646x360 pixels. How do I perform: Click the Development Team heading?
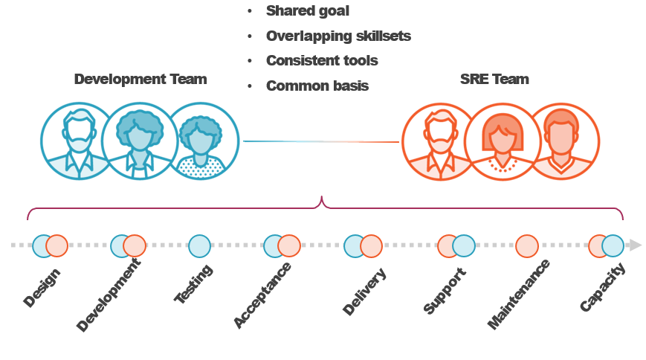(x=140, y=79)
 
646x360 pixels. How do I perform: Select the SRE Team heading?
(x=494, y=79)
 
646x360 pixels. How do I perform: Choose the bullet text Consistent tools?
(x=322, y=60)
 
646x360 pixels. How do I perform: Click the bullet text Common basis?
(x=317, y=86)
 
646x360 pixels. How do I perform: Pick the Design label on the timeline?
(x=42, y=287)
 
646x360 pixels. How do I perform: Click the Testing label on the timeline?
(x=193, y=284)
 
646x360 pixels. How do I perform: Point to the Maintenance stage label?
(x=519, y=295)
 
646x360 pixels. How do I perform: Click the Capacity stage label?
(x=603, y=287)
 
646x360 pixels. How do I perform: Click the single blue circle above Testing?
(x=199, y=245)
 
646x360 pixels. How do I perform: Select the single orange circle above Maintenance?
(x=526, y=245)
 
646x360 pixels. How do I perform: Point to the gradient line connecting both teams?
(x=321, y=141)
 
